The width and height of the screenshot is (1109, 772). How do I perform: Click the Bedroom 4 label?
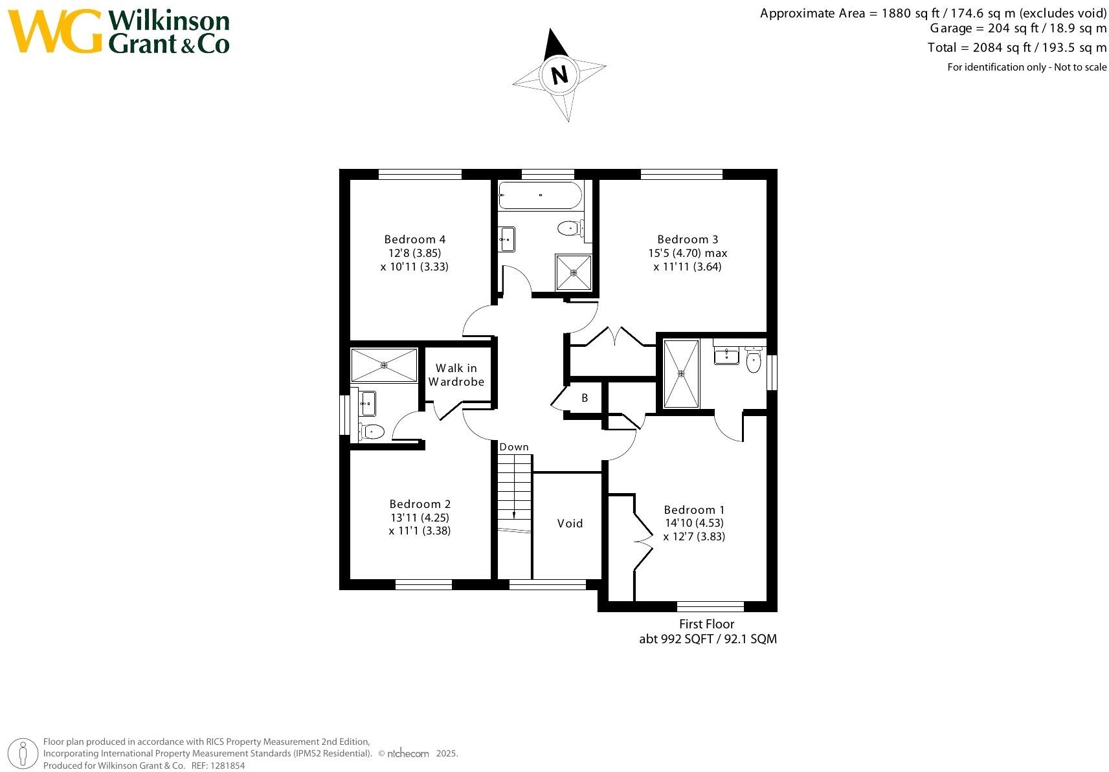(x=414, y=239)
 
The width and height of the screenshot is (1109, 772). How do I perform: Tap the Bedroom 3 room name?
(x=688, y=239)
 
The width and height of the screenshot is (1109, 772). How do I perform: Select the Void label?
(x=570, y=523)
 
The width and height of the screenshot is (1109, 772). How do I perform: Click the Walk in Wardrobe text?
(x=456, y=375)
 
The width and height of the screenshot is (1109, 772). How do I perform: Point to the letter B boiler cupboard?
(x=585, y=398)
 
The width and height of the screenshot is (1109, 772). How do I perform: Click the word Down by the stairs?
(x=514, y=447)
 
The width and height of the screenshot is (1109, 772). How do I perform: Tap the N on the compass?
(x=560, y=75)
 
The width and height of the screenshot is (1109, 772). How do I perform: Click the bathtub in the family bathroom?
(x=540, y=195)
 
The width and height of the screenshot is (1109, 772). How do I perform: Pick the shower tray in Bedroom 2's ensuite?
(x=384, y=366)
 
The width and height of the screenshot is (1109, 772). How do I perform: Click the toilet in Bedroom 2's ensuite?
(x=373, y=431)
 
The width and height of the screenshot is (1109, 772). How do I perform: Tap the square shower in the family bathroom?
(x=574, y=272)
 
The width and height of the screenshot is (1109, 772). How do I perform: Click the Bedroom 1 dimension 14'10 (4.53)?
(x=694, y=523)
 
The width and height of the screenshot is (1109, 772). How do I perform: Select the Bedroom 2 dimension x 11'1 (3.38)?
(x=420, y=531)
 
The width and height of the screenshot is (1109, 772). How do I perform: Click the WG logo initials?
(x=55, y=31)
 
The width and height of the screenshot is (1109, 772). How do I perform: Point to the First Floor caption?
(x=706, y=624)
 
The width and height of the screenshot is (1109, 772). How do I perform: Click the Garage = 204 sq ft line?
(x=1018, y=28)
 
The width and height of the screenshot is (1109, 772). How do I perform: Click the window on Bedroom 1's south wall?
(x=710, y=606)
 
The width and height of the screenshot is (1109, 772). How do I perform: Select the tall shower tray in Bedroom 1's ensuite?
(x=681, y=373)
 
